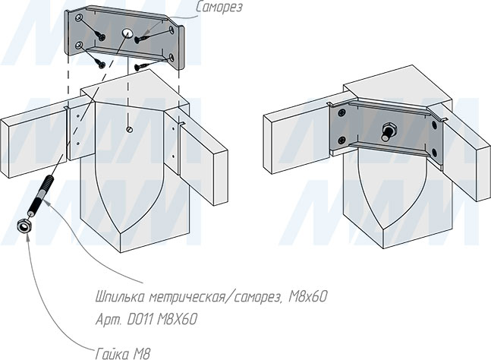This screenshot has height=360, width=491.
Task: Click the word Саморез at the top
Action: [219, 8]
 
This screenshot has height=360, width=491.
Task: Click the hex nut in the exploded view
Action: [24, 226]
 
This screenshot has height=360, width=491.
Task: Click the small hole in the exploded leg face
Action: [130, 128]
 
